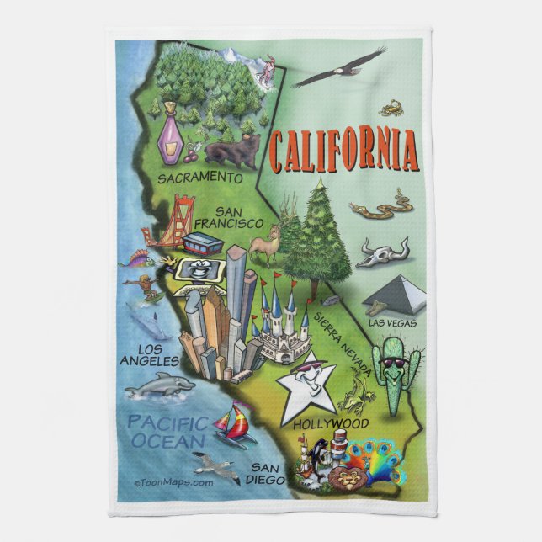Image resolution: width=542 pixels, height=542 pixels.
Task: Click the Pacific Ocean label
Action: tap(165, 431)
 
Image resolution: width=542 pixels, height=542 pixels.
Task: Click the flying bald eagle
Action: tap(338, 68)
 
